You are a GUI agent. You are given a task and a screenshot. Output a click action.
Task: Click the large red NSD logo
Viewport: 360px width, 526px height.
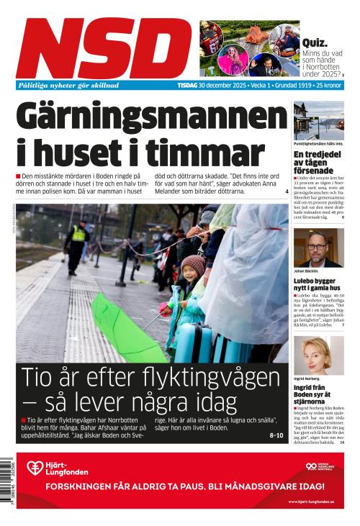click(105, 47)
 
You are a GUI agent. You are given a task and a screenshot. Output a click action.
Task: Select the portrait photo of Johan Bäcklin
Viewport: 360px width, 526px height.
click(318, 248)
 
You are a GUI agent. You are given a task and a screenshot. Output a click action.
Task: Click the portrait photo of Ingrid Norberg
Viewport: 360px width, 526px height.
click(318, 355)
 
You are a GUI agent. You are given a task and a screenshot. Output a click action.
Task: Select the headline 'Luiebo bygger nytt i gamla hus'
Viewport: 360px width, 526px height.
click(317, 284)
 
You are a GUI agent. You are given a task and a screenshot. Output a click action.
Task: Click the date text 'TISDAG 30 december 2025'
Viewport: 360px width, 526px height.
click(209, 85)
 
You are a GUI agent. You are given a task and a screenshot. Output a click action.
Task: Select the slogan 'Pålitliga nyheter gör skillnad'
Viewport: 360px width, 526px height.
click(68, 85)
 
